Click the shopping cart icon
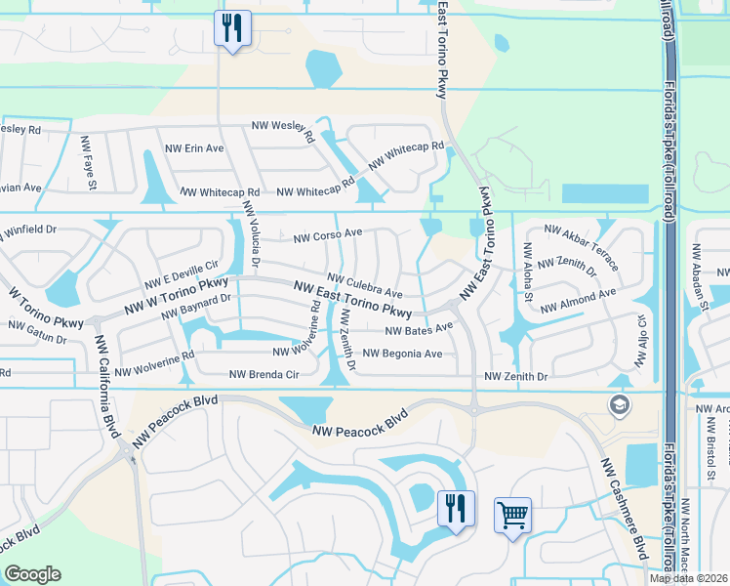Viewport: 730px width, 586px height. coord(512,514)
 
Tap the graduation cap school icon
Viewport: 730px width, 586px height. coord(618,404)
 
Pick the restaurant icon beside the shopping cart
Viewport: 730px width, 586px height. coord(456,508)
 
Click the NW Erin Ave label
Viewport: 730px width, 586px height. coord(194,148)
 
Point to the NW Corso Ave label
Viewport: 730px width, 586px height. coord(328,235)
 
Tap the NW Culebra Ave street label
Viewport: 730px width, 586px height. coord(364,286)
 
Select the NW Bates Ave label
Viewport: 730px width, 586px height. coord(420,330)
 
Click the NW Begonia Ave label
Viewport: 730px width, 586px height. coord(402,354)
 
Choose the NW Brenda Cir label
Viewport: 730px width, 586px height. coord(264,374)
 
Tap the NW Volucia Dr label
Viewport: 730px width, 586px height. coord(252,233)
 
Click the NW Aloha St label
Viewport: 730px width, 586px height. coord(528,272)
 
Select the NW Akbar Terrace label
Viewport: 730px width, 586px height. coord(581,246)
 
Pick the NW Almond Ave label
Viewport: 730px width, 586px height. coord(578,300)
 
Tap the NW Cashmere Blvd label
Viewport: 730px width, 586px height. coord(624,508)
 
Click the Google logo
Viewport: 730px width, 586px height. coord(33,574)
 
